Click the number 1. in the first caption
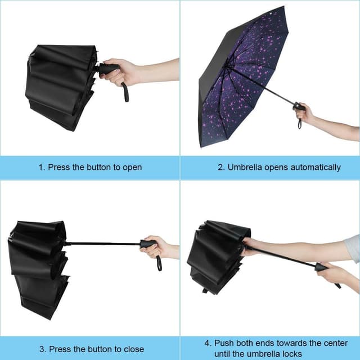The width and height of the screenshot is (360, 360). click(42, 167)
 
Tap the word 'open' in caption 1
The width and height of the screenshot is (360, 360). click(131, 168)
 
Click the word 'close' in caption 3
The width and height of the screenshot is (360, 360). click(133, 349)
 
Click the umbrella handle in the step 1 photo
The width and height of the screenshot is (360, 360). click(107, 69)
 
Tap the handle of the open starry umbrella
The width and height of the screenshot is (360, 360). click(299, 106)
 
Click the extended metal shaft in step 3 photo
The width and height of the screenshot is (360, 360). click(101, 244)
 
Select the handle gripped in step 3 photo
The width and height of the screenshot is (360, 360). click(148, 244)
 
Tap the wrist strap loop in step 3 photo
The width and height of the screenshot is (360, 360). click(159, 262)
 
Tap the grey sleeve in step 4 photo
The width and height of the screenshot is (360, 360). click(352, 249)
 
